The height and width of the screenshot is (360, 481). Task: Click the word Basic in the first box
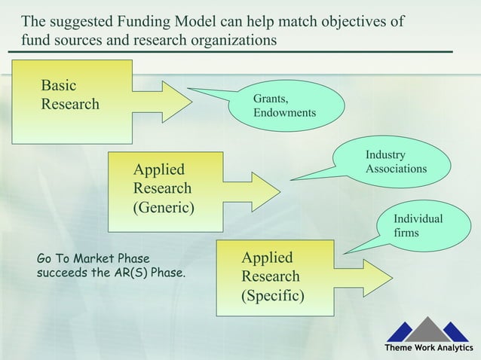coord(59,85)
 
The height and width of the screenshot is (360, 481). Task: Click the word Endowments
coord(284,113)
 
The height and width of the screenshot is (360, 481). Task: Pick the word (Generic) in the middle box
coord(164,206)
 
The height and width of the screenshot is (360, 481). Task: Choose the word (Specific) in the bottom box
coord(272,294)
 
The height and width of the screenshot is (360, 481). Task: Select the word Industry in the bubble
coord(384,155)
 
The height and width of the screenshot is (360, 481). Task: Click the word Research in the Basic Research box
coord(70,104)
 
